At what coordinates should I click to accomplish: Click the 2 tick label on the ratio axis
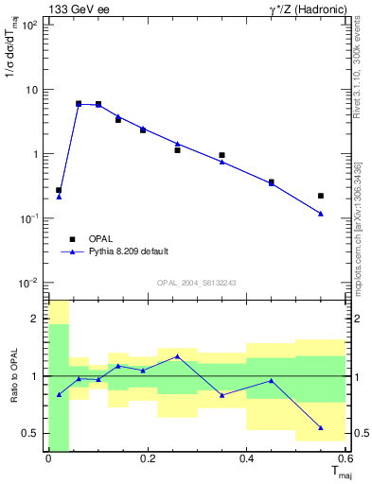[x=35, y=319]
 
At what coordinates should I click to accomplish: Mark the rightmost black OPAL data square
[x=321, y=196]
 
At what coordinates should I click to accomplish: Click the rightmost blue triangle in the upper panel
[x=321, y=214]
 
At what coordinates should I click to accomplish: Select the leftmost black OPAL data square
[x=59, y=190]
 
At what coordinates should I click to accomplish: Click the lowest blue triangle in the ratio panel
[x=321, y=427]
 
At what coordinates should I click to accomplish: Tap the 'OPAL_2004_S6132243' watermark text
[x=197, y=283]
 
